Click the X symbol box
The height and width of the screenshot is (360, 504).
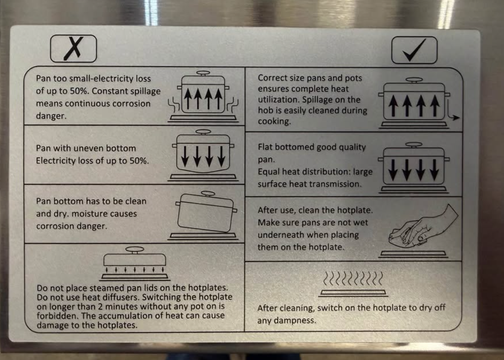[x=73, y=49]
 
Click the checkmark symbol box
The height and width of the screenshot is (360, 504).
[x=414, y=50]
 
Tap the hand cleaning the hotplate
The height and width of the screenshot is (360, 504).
[x=423, y=227]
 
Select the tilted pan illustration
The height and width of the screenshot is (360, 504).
[x=206, y=211]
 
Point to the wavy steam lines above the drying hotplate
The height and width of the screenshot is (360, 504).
[x=353, y=278]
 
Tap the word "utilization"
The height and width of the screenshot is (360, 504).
[x=278, y=100]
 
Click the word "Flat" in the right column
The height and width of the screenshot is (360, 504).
[x=266, y=147]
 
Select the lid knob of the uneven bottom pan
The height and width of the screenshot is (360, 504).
[x=203, y=132]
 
